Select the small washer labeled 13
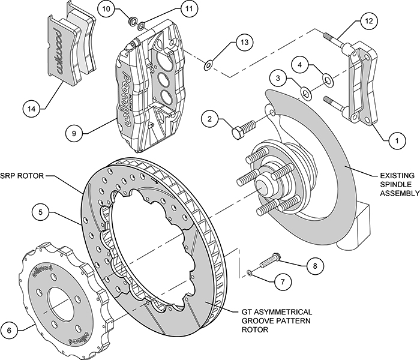coord(208,64)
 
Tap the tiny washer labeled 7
coord(250,274)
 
